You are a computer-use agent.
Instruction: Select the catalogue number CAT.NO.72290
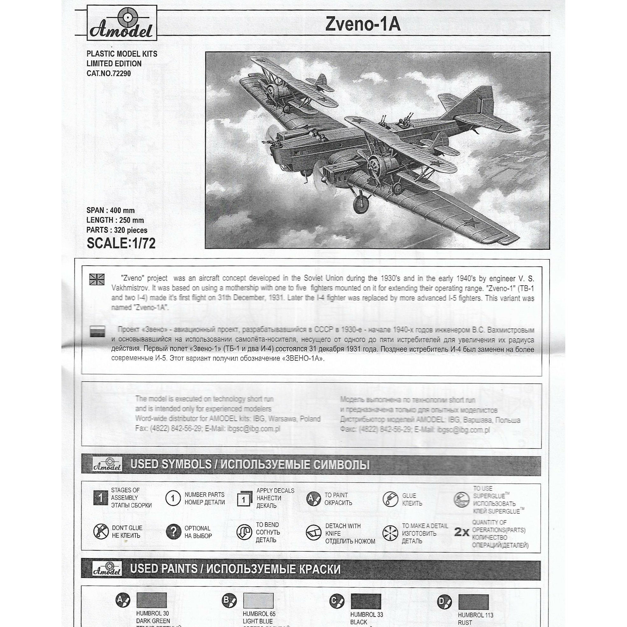[x=109, y=73]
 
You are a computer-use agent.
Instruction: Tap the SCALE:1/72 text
[x=121, y=243]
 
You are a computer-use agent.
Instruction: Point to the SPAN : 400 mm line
[x=110, y=210]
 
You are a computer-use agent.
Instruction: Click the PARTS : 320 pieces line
[x=117, y=230]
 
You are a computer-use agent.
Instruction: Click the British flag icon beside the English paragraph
[x=97, y=279]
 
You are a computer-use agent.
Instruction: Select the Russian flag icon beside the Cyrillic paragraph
[x=97, y=331]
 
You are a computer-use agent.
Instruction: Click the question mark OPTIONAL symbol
[x=173, y=532]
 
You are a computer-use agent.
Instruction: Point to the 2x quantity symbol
[x=462, y=532]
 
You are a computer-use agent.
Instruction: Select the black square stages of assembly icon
[x=101, y=498]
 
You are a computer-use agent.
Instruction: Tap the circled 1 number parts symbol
[x=173, y=498]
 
